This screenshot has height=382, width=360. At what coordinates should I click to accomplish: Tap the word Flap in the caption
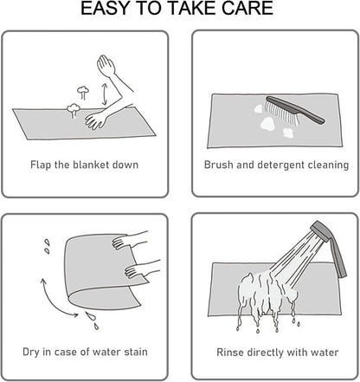tap(41, 165)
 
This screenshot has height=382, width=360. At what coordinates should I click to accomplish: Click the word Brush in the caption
tap(219, 165)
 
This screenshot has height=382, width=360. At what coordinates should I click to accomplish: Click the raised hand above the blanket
tap(106, 66)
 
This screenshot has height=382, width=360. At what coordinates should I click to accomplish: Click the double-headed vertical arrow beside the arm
tap(105, 94)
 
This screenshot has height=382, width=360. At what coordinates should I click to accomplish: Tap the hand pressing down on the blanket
tap(95, 120)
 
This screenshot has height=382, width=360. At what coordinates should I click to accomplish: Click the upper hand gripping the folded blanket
tap(121, 242)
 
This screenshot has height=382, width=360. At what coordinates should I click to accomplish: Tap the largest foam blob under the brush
tap(268, 124)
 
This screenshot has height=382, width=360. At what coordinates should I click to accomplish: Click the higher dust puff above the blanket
tap(83, 92)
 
